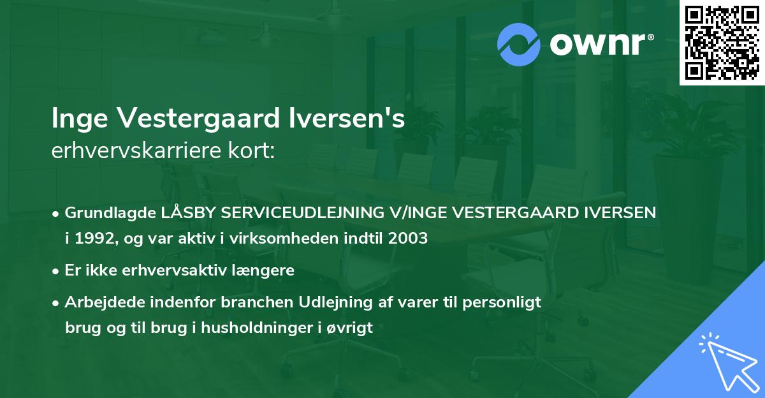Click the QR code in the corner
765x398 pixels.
click(721, 42)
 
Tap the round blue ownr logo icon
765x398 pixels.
click(519, 45)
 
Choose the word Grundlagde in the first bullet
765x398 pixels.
click(105, 212)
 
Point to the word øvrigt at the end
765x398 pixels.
click(349, 328)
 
